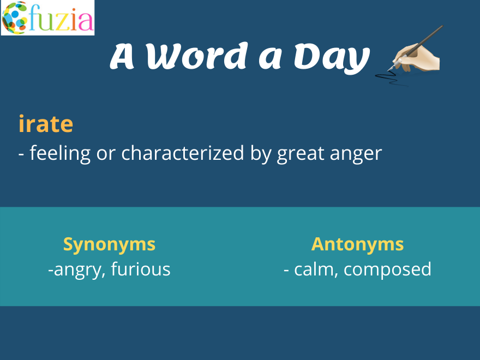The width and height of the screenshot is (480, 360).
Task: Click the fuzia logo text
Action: tap(61, 18)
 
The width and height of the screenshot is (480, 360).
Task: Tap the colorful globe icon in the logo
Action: tap(15, 18)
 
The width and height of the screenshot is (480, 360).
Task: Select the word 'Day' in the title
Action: tap(332, 57)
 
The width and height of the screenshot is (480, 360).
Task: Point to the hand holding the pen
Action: tap(416, 57)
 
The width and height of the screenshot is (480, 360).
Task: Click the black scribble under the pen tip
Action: tap(389, 78)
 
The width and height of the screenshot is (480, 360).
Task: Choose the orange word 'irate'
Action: tap(46, 123)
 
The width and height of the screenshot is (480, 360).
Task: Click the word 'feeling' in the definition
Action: tap(60, 153)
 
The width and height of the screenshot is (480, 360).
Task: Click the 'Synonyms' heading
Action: tap(109, 244)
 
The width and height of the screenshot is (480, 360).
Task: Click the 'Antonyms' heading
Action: tap(358, 244)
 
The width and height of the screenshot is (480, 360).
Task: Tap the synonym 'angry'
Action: tap(79, 270)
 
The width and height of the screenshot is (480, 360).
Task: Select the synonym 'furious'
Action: tap(141, 269)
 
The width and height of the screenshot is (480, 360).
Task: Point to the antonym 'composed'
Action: tap(388, 269)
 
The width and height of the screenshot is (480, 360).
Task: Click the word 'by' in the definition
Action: tap(261, 153)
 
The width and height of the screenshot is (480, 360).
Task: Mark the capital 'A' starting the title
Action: tap(122, 56)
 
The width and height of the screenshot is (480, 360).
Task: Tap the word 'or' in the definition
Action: tap(106, 154)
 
